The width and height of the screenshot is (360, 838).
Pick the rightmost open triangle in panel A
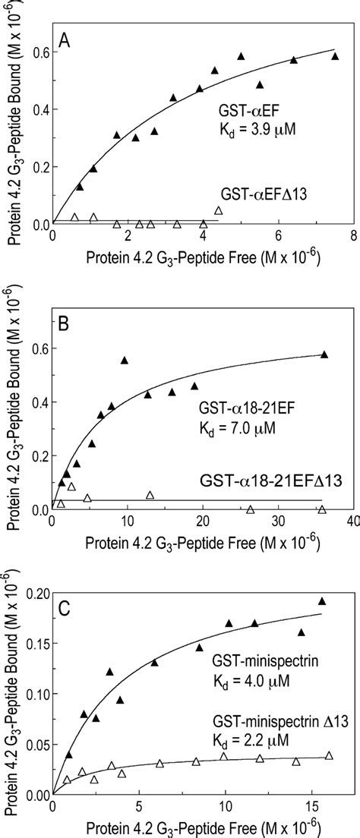pyautogui.click(x=219, y=211)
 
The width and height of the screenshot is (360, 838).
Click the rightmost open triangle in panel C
pyautogui.click(x=329, y=755)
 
